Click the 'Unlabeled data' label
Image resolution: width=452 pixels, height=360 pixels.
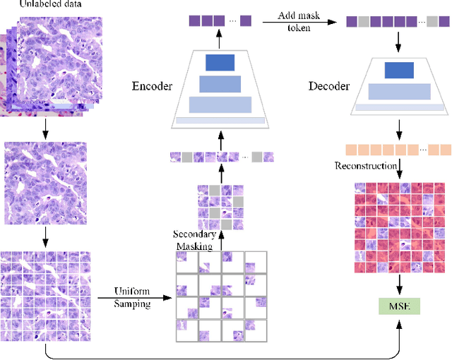(x=43, y=5)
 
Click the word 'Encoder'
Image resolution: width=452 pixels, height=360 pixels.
(x=153, y=87)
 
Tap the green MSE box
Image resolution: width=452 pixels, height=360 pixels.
(x=399, y=306)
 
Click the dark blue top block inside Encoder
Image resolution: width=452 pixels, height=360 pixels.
(x=220, y=63)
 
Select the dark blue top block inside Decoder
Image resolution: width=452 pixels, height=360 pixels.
(x=399, y=69)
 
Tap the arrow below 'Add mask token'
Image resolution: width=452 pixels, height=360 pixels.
(x=299, y=22)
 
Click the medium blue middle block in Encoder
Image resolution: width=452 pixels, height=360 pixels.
(x=220, y=83)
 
